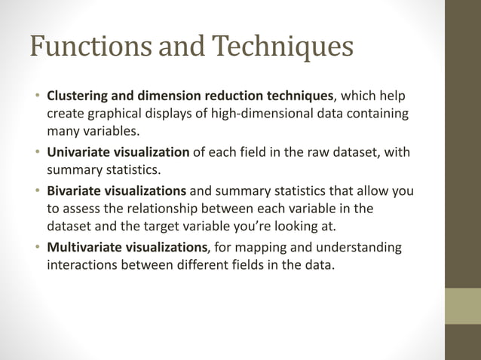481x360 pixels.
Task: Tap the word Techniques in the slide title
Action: point(281,47)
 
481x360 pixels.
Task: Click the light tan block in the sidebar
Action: point(462,307)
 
